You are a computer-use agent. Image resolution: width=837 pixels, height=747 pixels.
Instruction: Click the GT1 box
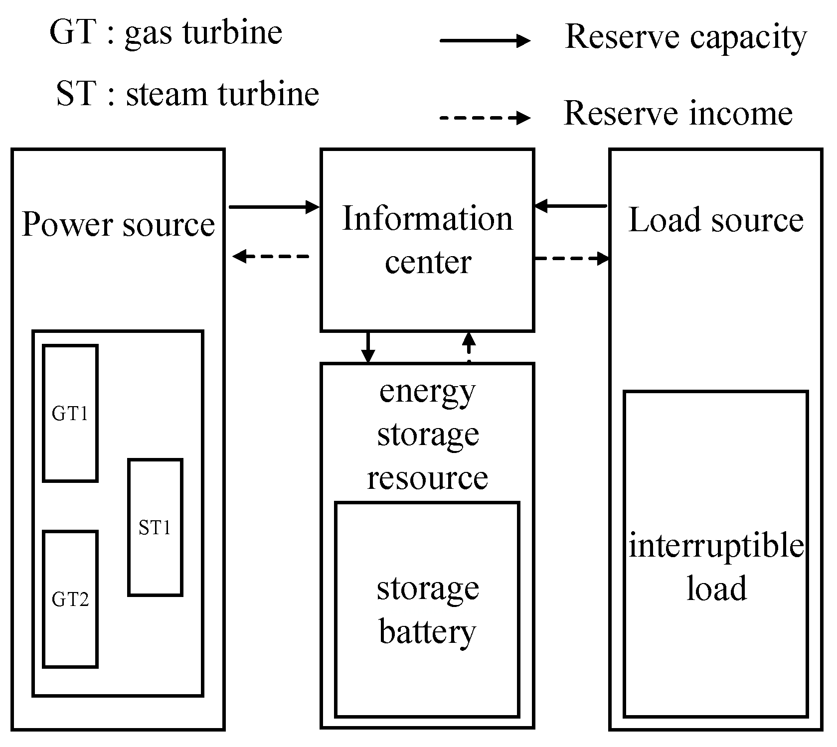(70, 413)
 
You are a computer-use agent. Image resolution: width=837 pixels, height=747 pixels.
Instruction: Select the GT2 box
(70, 598)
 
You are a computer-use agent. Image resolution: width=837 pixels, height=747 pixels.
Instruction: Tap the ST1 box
(155, 527)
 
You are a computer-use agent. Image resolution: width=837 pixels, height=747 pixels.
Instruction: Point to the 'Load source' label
(716, 220)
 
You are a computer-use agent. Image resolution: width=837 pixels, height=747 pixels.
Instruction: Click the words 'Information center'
(427, 240)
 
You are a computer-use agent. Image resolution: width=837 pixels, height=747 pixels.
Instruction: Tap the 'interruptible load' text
(716, 567)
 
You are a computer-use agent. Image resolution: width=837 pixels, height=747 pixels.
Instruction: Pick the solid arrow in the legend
(485, 41)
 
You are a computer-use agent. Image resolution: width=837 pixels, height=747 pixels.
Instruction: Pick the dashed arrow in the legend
(485, 118)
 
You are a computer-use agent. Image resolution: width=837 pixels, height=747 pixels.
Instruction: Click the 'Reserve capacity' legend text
(685, 37)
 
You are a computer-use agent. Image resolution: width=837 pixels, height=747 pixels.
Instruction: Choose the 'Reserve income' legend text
(678, 113)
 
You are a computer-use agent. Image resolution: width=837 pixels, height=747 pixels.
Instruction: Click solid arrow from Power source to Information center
(274, 206)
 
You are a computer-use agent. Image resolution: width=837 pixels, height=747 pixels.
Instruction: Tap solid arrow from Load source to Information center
(571, 205)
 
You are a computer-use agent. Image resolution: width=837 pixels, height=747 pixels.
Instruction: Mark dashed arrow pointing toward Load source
(572, 258)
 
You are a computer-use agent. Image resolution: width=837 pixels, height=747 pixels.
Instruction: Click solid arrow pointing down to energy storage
(367, 347)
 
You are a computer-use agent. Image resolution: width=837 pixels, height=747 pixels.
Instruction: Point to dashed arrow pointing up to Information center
(468, 347)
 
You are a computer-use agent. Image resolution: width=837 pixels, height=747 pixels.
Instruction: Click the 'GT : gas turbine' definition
(166, 32)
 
